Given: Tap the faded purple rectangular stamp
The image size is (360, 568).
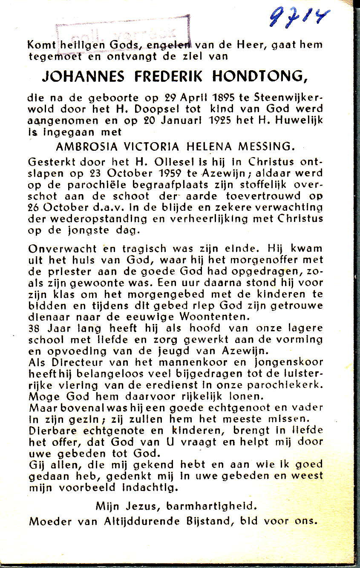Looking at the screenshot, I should [x=123, y=33].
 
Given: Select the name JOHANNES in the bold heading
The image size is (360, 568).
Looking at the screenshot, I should [x=83, y=77].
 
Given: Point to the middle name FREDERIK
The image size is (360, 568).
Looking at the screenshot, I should [x=173, y=77].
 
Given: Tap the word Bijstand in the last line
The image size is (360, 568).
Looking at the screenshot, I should [x=212, y=520].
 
